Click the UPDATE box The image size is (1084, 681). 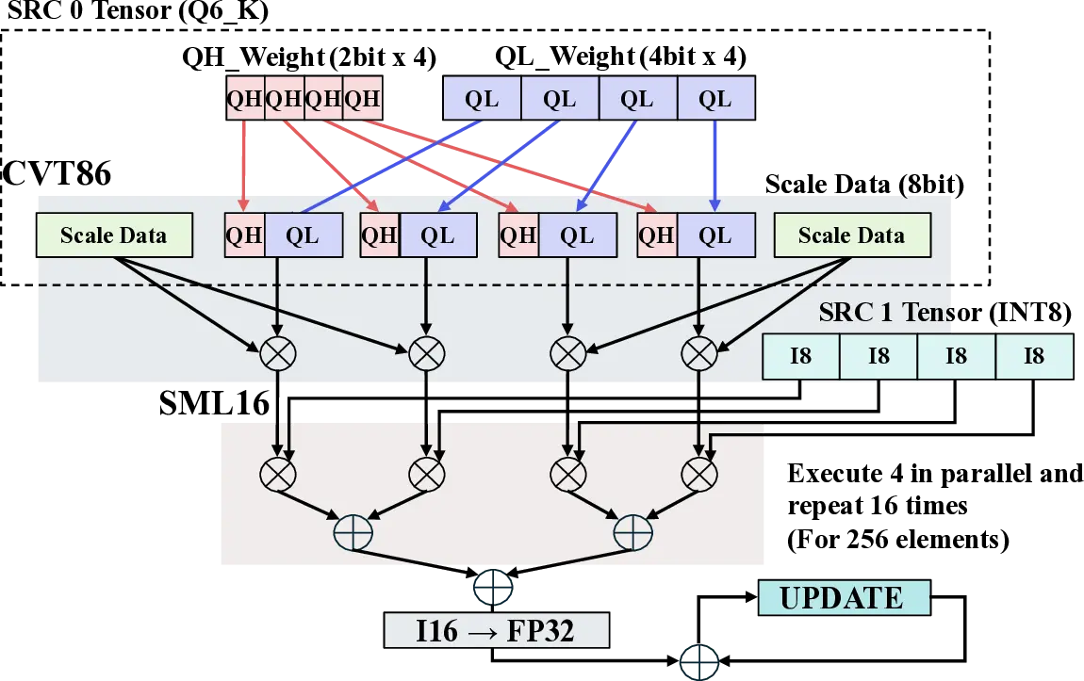(x=842, y=598)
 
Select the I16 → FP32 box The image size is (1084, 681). (x=495, y=631)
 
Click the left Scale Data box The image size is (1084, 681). (x=113, y=235)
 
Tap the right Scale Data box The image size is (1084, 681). (x=851, y=235)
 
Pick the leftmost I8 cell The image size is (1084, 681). (x=800, y=356)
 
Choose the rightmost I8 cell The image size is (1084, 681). (x=1034, y=356)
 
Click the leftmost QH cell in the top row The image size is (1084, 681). (x=245, y=99)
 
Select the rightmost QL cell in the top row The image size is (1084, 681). (x=715, y=99)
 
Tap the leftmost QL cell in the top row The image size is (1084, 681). (x=482, y=99)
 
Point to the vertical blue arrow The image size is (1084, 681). (x=715, y=165)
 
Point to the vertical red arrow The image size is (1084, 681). (x=245, y=165)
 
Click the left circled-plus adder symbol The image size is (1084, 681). (x=353, y=533)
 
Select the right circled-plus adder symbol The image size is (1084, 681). (x=632, y=533)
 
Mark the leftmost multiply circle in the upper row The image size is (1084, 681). (x=278, y=353)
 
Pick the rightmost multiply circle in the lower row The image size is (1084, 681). (x=698, y=471)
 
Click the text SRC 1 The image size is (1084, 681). (x=846, y=313)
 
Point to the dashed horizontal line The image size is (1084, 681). (x=471, y=284)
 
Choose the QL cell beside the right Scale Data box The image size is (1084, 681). (x=715, y=235)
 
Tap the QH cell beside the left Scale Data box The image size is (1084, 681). (x=244, y=235)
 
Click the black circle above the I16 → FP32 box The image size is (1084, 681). (x=494, y=587)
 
